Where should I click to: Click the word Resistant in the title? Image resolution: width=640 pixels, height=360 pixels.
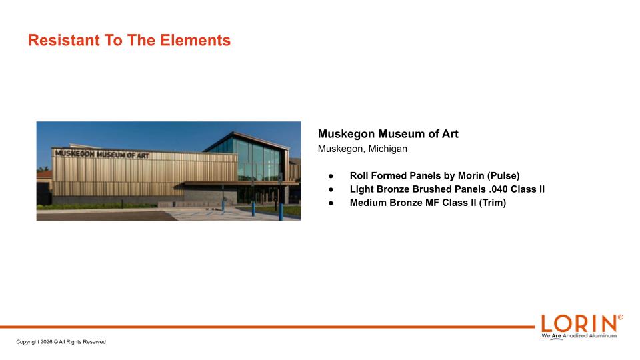coord(64,41)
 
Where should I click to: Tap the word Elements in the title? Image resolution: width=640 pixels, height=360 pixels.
coord(195,41)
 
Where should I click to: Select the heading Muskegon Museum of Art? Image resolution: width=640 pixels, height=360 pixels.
coord(388,134)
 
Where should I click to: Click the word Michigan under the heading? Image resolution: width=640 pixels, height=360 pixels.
coord(388,149)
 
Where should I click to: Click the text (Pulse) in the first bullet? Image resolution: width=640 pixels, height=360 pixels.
coord(503,176)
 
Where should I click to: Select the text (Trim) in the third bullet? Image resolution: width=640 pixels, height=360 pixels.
coord(493,203)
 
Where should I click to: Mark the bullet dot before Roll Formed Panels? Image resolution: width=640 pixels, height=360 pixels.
coord(331,176)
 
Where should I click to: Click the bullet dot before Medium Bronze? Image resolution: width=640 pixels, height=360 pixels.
coord(331,203)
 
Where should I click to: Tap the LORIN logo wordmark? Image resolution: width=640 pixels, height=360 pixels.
coord(579,324)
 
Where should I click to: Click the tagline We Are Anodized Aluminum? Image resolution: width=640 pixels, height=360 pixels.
coord(579,336)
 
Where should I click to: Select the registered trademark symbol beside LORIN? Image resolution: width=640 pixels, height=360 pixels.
coord(621,317)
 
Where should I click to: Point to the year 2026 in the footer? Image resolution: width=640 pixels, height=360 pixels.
coord(46,342)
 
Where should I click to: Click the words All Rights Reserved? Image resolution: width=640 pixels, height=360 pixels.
coord(83,342)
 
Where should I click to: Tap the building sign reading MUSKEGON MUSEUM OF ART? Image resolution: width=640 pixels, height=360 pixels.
coord(102,154)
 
